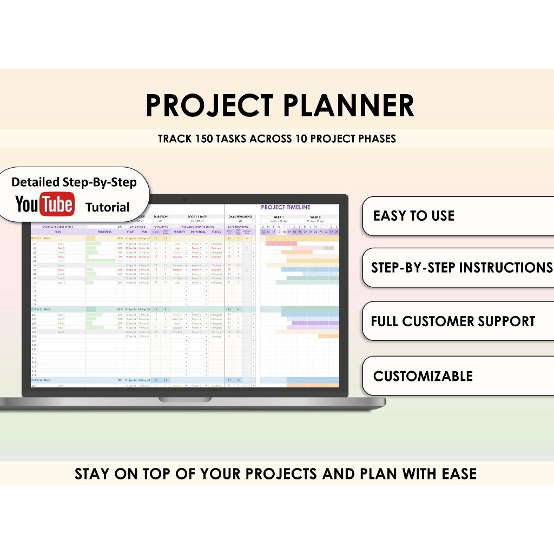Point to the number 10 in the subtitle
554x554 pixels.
pos(301,138)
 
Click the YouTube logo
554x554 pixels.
pos(44,205)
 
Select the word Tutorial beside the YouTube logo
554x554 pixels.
pos(108,207)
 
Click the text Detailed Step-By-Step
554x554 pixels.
pos(74,182)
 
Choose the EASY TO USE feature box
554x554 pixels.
pos(457,216)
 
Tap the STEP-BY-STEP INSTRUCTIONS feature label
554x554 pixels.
pos(461,267)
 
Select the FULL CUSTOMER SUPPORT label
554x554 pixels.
pos(453,321)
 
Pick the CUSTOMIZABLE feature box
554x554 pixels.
pos(457,375)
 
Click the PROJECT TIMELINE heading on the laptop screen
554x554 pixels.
pos(286,207)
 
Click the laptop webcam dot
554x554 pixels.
pos(185,199)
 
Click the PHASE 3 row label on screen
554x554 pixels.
pos(41,380)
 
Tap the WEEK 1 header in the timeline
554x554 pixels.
pos(279,217)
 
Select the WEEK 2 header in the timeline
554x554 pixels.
pos(315,217)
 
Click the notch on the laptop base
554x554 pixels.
pos(185,399)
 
